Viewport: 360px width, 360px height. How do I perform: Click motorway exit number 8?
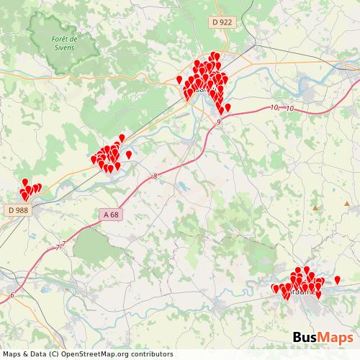[x=155, y=176]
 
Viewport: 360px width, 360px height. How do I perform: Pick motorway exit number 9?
[x=218, y=122]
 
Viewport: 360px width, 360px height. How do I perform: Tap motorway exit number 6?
[x=12, y=295]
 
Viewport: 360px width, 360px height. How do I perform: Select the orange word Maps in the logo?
[x=336, y=338]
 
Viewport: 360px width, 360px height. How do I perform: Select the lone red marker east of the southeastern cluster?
[x=338, y=279]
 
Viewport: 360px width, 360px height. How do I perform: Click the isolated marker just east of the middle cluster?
[x=129, y=154]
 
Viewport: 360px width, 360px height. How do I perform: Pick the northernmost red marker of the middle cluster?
[x=122, y=137]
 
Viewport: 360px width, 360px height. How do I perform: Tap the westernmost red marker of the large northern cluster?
[x=179, y=79]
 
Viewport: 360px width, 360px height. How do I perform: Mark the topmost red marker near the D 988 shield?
[x=25, y=182]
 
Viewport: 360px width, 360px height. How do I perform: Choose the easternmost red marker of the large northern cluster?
[x=228, y=107]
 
